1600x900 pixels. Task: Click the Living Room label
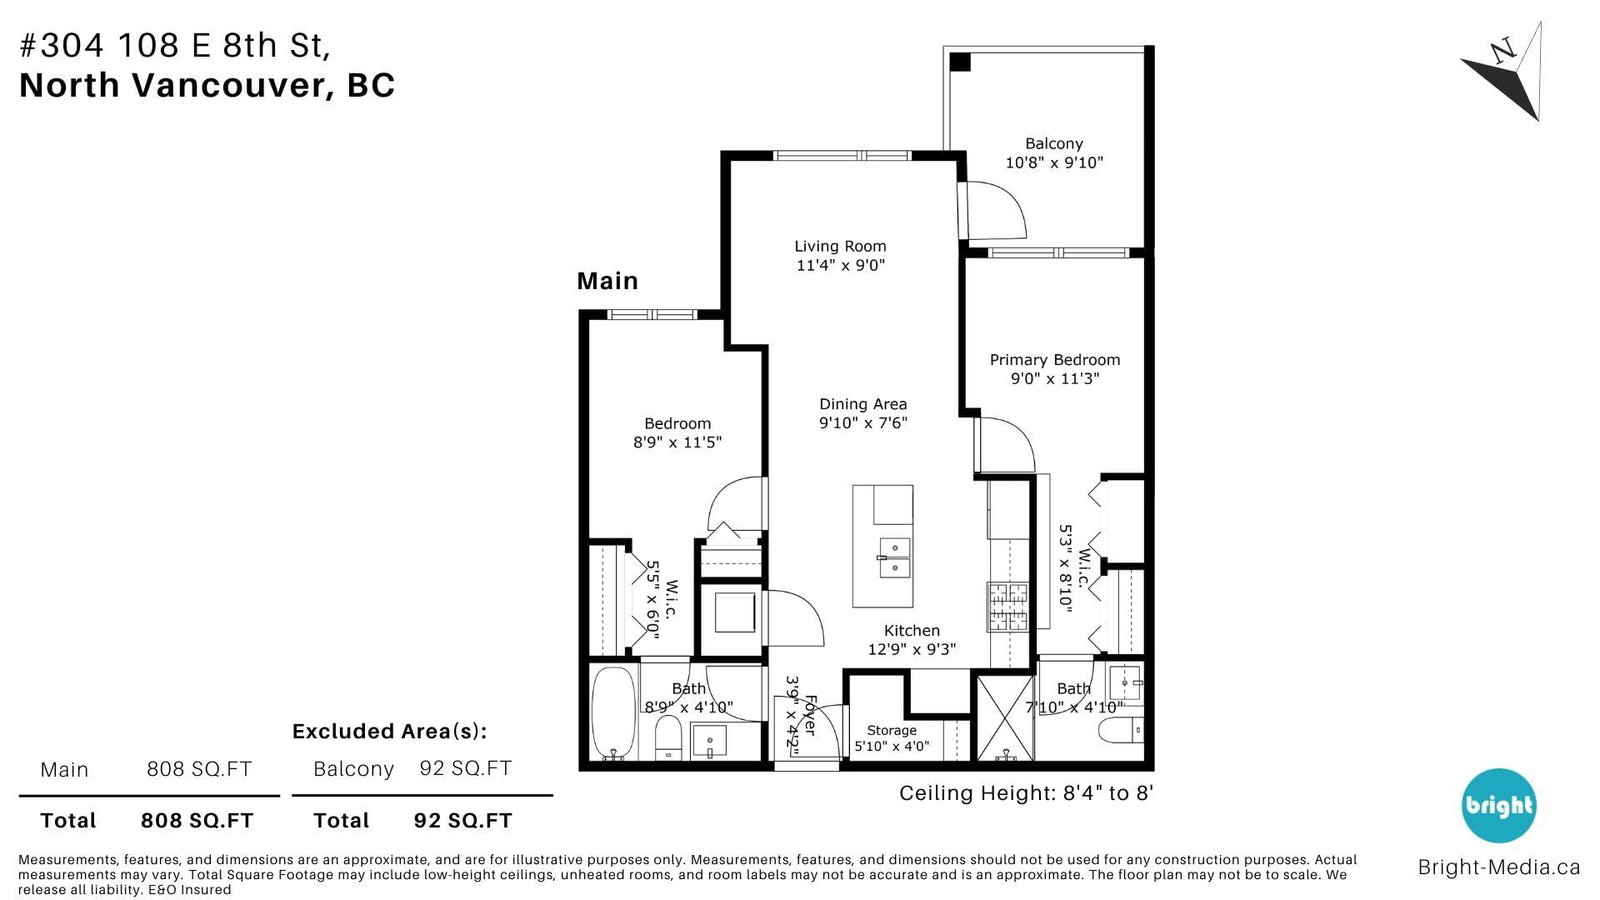coord(840,246)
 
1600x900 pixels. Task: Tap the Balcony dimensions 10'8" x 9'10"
coord(1054,163)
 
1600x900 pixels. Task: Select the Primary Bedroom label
coord(1054,360)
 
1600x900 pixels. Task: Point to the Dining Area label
coord(863,404)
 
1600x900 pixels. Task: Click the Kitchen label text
coord(911,631)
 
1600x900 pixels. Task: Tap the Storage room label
coord(891,731)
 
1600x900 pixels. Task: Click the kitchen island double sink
coord(894,558)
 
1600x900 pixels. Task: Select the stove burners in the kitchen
coord(1008,607)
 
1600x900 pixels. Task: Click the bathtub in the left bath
coord(614,714)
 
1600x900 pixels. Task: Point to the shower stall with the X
coord(1005,718)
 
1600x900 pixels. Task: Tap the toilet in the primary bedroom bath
coord(1120,731)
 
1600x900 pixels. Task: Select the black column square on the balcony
coord(960,62)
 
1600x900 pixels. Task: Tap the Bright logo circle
coord(1499,806)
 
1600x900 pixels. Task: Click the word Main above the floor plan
coord(607,281)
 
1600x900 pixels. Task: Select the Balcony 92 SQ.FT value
coord(466,768)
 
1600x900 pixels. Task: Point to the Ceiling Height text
coord(1026,794)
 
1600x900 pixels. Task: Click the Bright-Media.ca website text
coord(1499,867)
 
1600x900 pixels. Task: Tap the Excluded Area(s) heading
coord(389,731)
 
